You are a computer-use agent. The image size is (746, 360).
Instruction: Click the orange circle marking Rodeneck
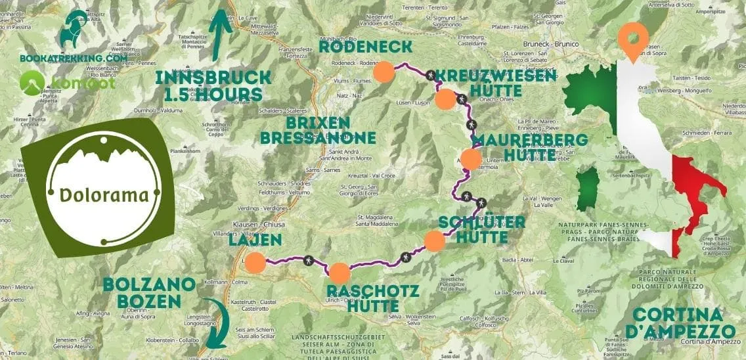pyautogui.click(x=384, y=72)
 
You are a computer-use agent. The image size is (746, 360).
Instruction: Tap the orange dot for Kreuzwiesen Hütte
pyautogui.click(x=445, y=99)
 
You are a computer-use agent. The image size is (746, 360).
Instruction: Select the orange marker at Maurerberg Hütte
pyautogui.click(x=470, y=160)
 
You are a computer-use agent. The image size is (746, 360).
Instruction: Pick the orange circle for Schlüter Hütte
pyautogui.click(x=435, y=241)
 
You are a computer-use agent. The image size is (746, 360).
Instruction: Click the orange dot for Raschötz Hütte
pyautogui.click(x=340, y=273)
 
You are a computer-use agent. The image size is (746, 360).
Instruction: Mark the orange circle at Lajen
pyautogui.click(x=255, y=263)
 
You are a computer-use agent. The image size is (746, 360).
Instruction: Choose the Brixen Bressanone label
pyautogui.click(x=318, y=131)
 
